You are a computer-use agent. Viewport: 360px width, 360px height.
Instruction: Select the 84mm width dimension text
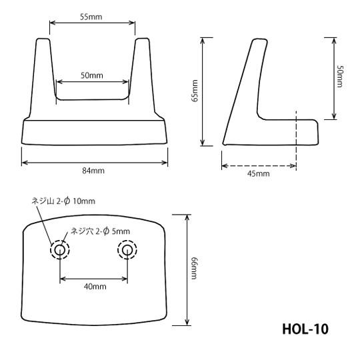pos(94,171)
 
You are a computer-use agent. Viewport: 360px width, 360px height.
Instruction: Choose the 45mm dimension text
pos(258,174)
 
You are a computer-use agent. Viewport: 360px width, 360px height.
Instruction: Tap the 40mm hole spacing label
pos(94,287)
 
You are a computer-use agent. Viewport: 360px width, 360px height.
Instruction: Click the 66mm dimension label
pos(195,269)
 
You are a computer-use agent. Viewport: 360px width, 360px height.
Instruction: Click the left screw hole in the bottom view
pos(60,250)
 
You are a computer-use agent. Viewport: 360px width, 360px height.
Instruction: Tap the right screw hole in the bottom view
pos(127,250)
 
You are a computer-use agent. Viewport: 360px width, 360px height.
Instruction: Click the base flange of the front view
pos(95,131)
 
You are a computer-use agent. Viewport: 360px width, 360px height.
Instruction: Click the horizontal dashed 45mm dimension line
pos(258,165)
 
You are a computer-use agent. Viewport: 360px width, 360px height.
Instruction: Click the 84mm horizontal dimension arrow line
pos(94,161)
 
